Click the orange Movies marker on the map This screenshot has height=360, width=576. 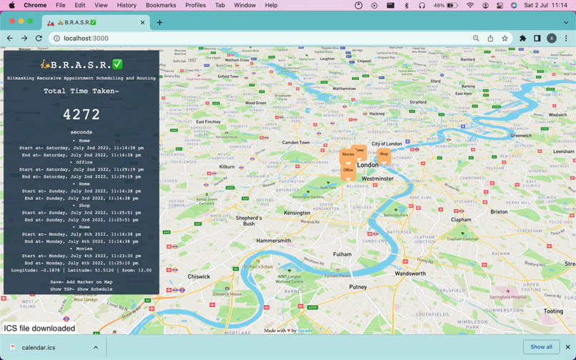(x=348, y=155)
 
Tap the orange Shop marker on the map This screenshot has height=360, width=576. (x=384, y=154)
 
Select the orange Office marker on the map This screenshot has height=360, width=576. (x=348, y=171)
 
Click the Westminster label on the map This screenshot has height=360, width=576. (x=377, y=179)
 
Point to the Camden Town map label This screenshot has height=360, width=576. (x=296, y=142)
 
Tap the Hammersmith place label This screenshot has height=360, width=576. (x=274, y=241)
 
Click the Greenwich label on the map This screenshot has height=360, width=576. (x=521, y=135)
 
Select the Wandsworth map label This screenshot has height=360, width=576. (x=410, y=274)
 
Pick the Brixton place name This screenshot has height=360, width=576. (x=499, y=212)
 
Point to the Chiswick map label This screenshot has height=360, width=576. (x=199, y=276)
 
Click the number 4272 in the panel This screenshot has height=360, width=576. (x=81, y=114)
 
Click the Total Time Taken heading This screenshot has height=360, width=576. (x=81, y=91)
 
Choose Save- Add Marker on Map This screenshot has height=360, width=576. (x=81, y=282)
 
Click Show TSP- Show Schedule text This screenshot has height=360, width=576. (x=81, y=289)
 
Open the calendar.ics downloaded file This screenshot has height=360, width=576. (x=39, y=348)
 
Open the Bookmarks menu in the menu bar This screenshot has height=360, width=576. (x=161, y=5)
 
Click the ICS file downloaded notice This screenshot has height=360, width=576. (x=39, y=329)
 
